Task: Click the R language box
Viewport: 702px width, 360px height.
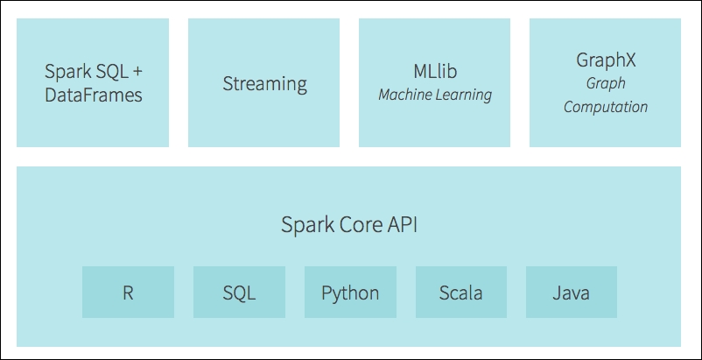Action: pyautogui.click(x=128, y=292)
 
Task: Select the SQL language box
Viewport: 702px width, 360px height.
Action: pyautogui.click(x=239, y=292)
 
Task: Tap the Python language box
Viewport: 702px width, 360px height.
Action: pyautogui.click(x=350, y=292)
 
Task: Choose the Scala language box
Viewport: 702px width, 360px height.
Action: pyautogui.click(x=461, y=292)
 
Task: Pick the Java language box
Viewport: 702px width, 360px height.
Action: pyautogui.click(x=572, y=292)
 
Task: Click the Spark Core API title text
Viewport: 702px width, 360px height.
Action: pyautogui.click(x=349, y=225)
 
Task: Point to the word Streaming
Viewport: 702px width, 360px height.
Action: pyautogui.click(x=265, y=84)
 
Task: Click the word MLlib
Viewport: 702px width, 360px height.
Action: pyautogui.click(x=435, y=72)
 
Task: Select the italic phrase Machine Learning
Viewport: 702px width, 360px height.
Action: pyautogui.click(x=435, y=95)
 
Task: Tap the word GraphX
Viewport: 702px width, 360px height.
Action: pyautogui.click(x=606, y=60)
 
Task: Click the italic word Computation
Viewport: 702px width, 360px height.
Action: pyautogui.click(x=606, y=107)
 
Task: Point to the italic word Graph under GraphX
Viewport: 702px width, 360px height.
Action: pyautogui.click(x=606, y=84)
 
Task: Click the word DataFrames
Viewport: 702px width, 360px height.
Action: pyautogui.click(x=94, y=95)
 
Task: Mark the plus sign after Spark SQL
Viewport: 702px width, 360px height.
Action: pyautogui.click(x=137, y=72)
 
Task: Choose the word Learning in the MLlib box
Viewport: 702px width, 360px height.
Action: pyautogui.click(x=465, y=95)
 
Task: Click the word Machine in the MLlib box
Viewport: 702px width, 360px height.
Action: pyautogui.click(x=405, y=95)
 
